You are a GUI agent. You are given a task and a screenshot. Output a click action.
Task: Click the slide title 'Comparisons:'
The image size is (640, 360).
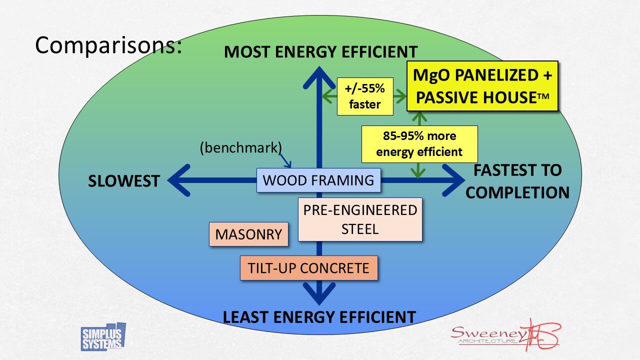(107, 45)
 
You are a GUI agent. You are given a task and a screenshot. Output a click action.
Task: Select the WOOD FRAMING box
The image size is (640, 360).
(318, 180)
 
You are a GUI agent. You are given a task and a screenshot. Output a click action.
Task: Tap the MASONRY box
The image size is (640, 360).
(248, 234)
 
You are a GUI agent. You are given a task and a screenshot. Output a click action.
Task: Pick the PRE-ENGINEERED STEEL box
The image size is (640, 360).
(360, 219)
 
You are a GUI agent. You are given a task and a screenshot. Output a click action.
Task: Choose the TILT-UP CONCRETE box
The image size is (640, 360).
(308, 268)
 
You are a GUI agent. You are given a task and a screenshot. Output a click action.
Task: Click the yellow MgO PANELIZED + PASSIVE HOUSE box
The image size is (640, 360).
(482, 86)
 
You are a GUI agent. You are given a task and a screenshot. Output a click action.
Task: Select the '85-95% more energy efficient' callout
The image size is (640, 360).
(419, 144)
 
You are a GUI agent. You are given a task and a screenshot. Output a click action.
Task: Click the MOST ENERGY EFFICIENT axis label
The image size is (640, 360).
(320, 52)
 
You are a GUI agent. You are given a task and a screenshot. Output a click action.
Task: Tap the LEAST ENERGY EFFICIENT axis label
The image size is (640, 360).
(319, 317)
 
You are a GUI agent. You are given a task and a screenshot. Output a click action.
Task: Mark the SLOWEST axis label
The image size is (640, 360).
(124, 181)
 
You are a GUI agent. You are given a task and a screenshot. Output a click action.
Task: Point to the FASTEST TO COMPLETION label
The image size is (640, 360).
(517, 181)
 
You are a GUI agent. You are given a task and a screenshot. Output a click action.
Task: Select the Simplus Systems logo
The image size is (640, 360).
(102, 337)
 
